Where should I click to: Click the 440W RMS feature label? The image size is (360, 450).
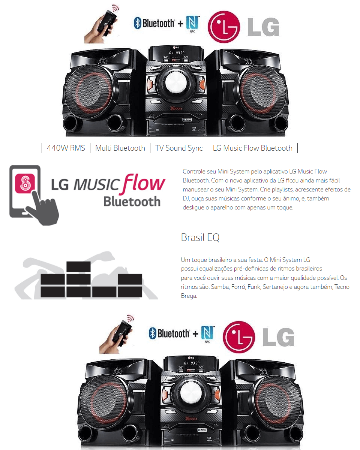[66, 148]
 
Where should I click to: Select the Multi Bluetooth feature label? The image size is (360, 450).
[120, 148]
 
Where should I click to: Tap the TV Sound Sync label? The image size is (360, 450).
[179, 148]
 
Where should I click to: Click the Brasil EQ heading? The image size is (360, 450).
[200, 238]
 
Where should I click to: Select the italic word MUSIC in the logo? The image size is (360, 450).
[97, 184]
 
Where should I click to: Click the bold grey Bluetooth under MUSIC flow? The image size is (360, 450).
[132, 202]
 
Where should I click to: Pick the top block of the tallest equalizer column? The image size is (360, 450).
[78, 266]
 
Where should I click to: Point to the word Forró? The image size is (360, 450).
[237, 287]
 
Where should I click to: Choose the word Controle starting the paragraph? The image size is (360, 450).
[194, 172]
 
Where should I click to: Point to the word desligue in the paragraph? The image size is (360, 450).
[193, 208]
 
